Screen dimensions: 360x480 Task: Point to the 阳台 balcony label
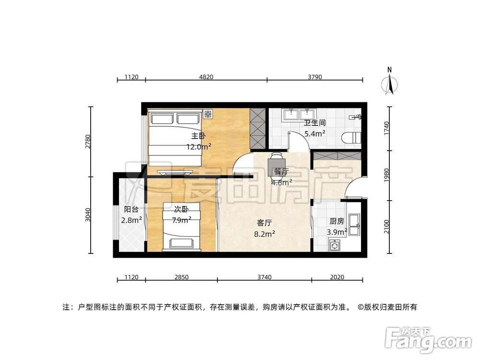(131, 209)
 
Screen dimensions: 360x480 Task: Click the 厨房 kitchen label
(336, 221)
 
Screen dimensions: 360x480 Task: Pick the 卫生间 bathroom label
(315, 123)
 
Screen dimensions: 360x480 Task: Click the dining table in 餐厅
(276, 163)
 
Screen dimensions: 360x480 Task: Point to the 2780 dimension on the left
(88, 142)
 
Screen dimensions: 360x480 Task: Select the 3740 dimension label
(264, 277)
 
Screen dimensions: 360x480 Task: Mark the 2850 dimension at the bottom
(181, 277)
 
